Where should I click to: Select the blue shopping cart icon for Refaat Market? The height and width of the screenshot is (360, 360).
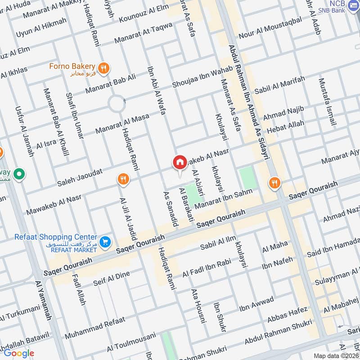tap(105, 242)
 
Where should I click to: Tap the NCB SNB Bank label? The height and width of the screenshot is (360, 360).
tap(333, 6)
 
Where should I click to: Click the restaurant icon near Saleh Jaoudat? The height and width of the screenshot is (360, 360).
tap(122, 180)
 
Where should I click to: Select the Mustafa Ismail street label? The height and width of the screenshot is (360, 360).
tap(327, 102)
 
